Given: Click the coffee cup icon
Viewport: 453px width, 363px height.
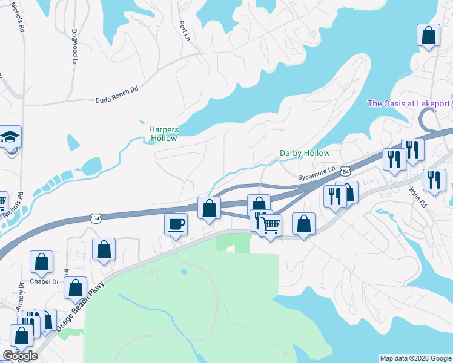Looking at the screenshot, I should tap(176, 224).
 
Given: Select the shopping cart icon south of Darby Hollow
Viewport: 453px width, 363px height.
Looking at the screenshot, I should tap(270, 226).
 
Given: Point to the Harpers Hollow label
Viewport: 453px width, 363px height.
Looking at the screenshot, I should tap(164, 134).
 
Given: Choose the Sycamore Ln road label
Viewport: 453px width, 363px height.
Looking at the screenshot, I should tap(317, 173).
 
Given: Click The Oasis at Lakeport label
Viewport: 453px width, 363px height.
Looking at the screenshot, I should tap(409, 103).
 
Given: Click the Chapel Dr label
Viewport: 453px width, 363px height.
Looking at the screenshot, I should tap(46, 282).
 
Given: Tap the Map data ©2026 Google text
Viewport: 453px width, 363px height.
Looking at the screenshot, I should tap(415, 358).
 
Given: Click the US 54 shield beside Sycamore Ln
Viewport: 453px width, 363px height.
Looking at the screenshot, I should tap(345, 172).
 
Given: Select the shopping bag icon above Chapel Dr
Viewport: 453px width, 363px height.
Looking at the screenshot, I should tap(42, 262).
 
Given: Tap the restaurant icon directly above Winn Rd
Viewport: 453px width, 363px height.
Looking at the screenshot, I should tap(434, 180).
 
